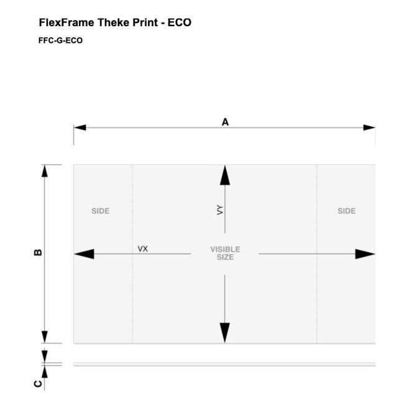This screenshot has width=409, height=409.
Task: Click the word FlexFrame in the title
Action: point(67,22)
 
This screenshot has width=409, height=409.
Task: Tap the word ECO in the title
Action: point(180,22)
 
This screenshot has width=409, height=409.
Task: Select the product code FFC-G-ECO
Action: point(60,40)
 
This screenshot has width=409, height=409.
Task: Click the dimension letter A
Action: point(225,122)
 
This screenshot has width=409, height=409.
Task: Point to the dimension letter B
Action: point(38,252)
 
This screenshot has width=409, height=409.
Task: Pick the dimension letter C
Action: point(38,384)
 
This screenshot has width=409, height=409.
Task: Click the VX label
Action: point(143,249)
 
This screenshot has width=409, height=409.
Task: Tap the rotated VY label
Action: point(220,210)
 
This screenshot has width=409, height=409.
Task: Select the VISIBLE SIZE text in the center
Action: point(226,253)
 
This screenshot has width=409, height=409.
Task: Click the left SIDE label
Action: point(101,211)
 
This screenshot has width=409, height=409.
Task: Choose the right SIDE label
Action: point(347,211)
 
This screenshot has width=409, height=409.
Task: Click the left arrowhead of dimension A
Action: point(80,127)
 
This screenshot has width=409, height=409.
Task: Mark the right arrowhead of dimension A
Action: point(369,127)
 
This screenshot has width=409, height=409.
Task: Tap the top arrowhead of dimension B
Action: point(45,171)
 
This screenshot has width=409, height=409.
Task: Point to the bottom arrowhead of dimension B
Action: point(45,337)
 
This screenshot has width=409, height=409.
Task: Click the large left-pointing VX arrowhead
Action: point(85,254)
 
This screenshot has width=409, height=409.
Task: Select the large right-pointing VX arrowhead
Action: point(365,254)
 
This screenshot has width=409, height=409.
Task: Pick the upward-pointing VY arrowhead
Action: point(225,175)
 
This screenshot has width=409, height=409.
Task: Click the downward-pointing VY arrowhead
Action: point(225,333)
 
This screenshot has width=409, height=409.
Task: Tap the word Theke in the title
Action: point(114,22)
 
